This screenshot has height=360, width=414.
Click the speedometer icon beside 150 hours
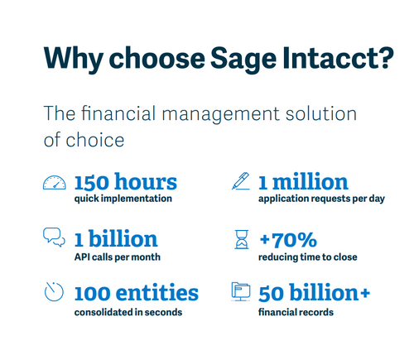54,184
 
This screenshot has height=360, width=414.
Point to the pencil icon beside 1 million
240,182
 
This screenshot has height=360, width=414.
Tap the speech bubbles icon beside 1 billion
54,239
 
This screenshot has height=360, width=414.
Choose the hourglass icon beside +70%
240,241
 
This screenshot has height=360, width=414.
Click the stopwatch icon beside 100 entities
54,292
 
